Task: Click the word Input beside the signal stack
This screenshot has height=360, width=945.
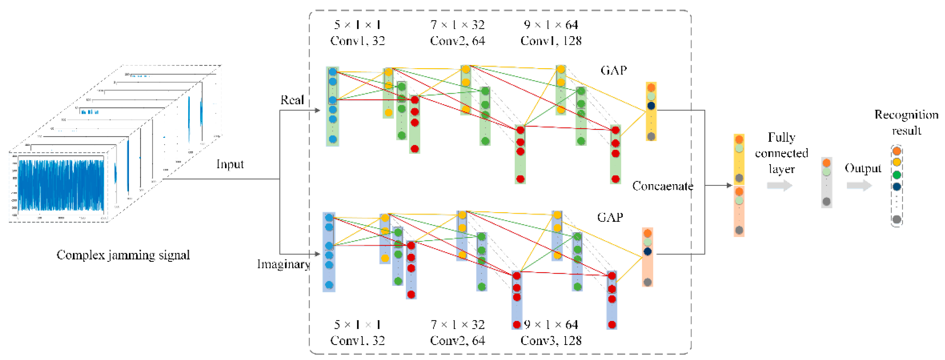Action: tap(230, 164)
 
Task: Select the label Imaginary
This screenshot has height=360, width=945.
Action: tap(283, 264)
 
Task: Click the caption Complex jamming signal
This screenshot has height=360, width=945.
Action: tap(123, 255)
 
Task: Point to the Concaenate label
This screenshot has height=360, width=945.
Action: tap(662, 186)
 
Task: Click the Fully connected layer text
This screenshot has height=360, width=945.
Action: tap(781, 153)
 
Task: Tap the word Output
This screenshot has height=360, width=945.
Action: tap(863, 168)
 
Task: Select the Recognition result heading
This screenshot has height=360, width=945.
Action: tap(906, 122)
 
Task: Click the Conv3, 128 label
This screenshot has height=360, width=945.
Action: tap(551, 341)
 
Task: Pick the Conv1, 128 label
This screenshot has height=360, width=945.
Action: tap(551, 41)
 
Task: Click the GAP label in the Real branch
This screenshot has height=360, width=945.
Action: tap(614, 70)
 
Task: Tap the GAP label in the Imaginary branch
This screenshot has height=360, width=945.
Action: tap(610, 217)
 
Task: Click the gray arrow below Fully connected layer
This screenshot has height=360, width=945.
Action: tap(780, 185)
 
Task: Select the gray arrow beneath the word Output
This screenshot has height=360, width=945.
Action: tap(859, 185)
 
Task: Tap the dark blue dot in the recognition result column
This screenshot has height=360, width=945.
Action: tap(897, 186)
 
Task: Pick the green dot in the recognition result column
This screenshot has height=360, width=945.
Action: tap(897, 175)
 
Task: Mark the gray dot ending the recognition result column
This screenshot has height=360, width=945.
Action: tap(897, 220)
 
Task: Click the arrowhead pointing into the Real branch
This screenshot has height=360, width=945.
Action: tap(317, 110)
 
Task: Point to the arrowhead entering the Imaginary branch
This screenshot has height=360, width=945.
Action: tap(317, 254)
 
